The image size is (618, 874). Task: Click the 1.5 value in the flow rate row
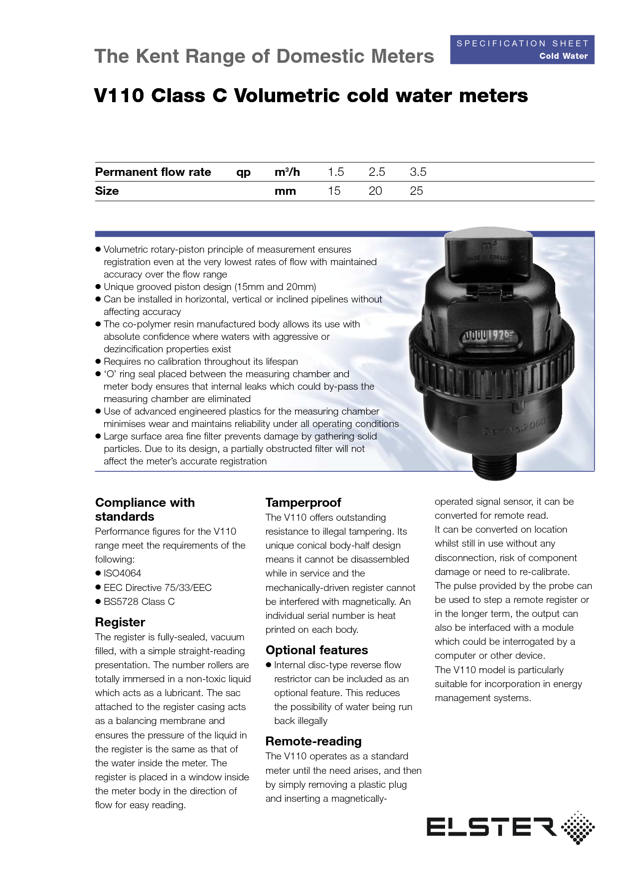[335, 172]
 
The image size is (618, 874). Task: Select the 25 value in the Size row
[416, 191]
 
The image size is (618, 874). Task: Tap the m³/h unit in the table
[287, 172]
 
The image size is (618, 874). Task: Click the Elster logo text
[491, 827]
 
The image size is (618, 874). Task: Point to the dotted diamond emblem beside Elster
[578, 828]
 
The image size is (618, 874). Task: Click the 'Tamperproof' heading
[303, 502]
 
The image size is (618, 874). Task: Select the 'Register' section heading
[120, 622]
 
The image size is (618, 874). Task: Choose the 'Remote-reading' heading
[313, 741]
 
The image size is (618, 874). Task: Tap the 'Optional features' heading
[316, 650]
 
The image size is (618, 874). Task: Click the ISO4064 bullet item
[122, 574]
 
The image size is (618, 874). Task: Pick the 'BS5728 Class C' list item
[139, 601]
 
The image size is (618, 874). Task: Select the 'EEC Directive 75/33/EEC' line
[157, 587]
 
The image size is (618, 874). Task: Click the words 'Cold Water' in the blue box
[563, 56]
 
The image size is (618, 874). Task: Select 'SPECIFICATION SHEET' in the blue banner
[522, 43]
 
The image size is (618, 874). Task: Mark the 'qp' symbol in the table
[243, 172]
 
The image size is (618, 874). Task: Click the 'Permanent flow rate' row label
[153, 172]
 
